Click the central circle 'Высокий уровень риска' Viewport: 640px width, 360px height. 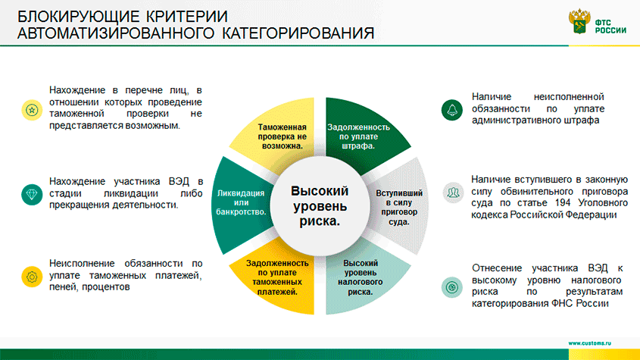[x=320, y=206]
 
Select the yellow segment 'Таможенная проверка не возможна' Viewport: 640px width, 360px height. [x=281, y=135]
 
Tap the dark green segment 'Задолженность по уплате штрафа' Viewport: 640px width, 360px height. [x=359, y=135]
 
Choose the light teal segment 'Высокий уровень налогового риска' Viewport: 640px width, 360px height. [x=359, y=278]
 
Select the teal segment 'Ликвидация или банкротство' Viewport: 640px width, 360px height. [x=240, y=205]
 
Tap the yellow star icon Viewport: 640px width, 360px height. [x=32, y=110]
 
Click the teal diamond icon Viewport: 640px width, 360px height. [x=32, y=194]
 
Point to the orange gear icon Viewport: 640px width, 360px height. [x=32, y=277]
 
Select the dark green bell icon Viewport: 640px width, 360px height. [x=452, y=110]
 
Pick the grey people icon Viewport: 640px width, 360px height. [x=453, y=193]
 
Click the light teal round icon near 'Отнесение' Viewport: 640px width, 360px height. [x=452, y=287]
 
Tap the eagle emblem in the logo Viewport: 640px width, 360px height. [x=579, y=21]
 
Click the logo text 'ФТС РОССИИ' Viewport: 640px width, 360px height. [x=610, y=27]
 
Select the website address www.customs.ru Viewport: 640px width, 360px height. [x=589, y=343]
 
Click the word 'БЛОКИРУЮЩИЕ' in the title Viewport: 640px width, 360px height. [x=76, y=17]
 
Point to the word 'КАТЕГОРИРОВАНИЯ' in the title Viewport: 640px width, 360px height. [x=298, y=33]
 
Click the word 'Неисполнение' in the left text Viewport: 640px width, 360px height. [x=85, y=264]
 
